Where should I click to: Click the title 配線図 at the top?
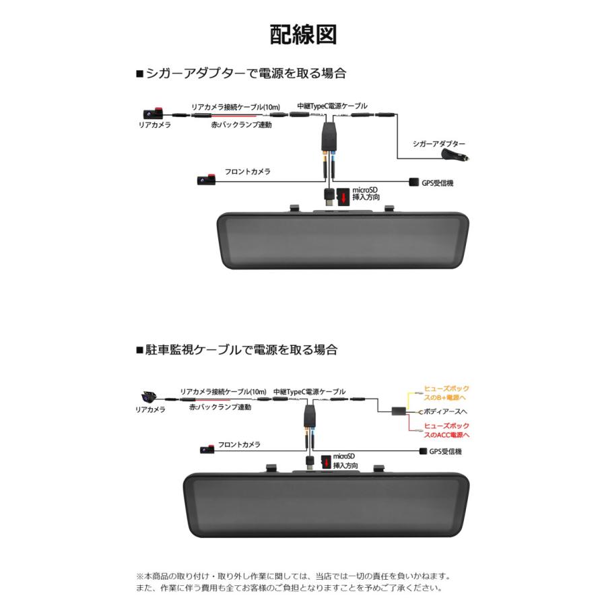pyautogui.click(x=303, y=34)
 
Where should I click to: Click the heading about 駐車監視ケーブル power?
pyautogui.click(x=236, y=350)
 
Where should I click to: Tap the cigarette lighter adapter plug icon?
pyautogui.click(x=455, y=156)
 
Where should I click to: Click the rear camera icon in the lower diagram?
pyautogui.click(x=149, y=397)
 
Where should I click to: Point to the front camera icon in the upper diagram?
pyautogui.click(x=205, y=180)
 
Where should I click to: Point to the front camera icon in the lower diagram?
pyautogui.click(x=207, y=449)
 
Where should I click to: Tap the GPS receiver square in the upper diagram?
pyautogui.click(x=413, y=182)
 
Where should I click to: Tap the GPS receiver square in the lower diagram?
pyautogui.click(x=424, y=451)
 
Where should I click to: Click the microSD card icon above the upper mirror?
pyautogui.click(x=343, y=197)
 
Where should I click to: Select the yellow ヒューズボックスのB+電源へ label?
pyautogui.click(x=445, y=393)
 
